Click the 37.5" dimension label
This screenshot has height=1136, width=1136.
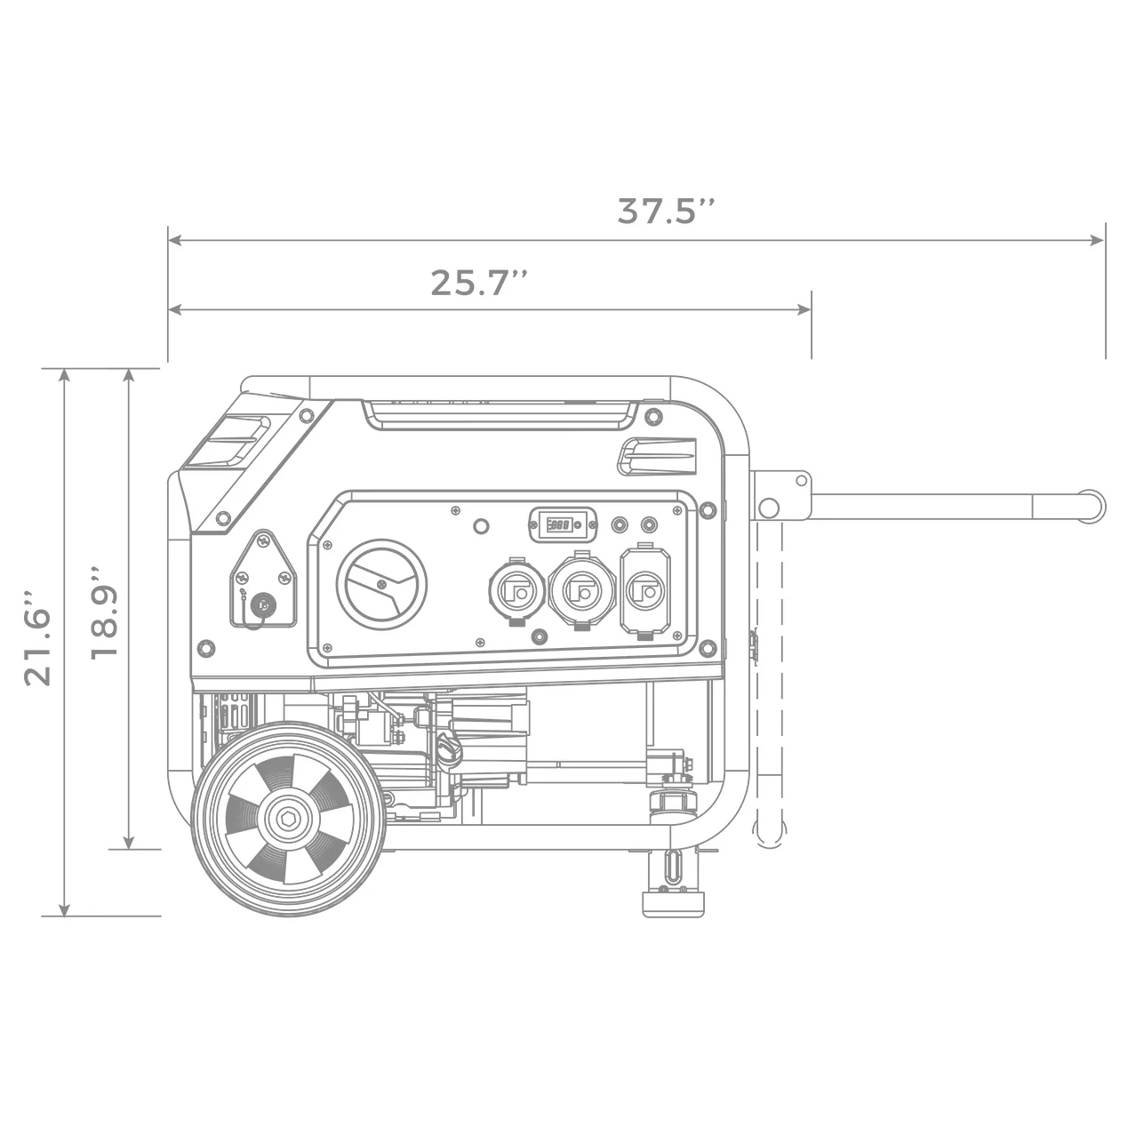(x=666, y=212)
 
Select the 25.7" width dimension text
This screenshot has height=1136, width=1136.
(x=479, y=283)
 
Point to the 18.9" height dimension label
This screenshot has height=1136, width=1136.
(x=104, y=611)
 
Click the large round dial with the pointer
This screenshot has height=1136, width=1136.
(x=381, y=584)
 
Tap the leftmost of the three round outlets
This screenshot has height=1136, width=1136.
(x=515, y=591)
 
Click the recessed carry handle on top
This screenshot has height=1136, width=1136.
(x=500, y=414)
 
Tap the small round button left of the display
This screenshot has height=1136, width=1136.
(x=481, y=526)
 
